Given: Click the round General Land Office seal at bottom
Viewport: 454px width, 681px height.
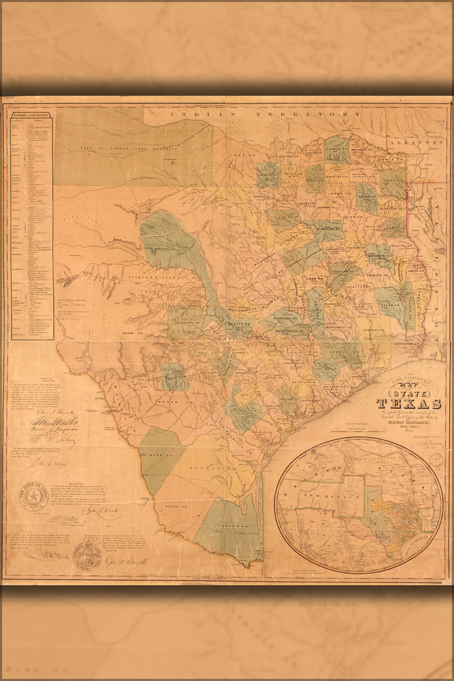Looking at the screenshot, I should click(87, 556).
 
